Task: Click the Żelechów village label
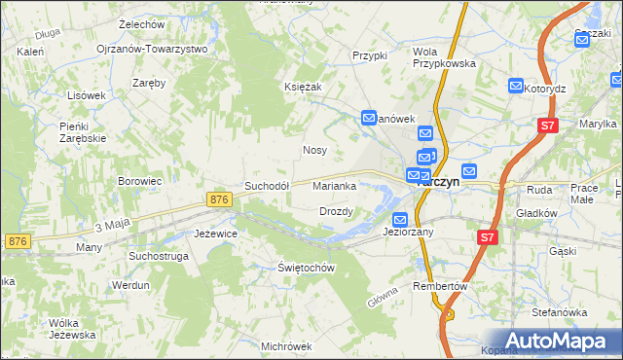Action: click(140, 22)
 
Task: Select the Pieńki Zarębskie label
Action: click(82, 132)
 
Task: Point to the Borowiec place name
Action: click(139, 181)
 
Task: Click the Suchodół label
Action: click(267, 185)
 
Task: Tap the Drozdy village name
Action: click(336, 211)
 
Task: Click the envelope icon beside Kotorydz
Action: click(516, 88)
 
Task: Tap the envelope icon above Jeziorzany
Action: click(400, 219)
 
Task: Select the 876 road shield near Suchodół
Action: click(219, 198)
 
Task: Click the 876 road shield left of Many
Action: click(16, 240)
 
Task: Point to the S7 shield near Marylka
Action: click(548, 125)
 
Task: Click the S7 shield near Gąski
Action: click(489, 236)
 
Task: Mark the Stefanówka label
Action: click(560, 313)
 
